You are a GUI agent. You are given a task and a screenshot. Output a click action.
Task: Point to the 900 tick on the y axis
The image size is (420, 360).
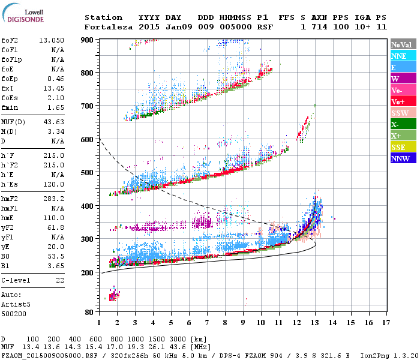tap(88, 40)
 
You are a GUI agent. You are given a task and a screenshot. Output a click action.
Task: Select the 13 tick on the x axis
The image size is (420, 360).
tap(315, 322)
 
